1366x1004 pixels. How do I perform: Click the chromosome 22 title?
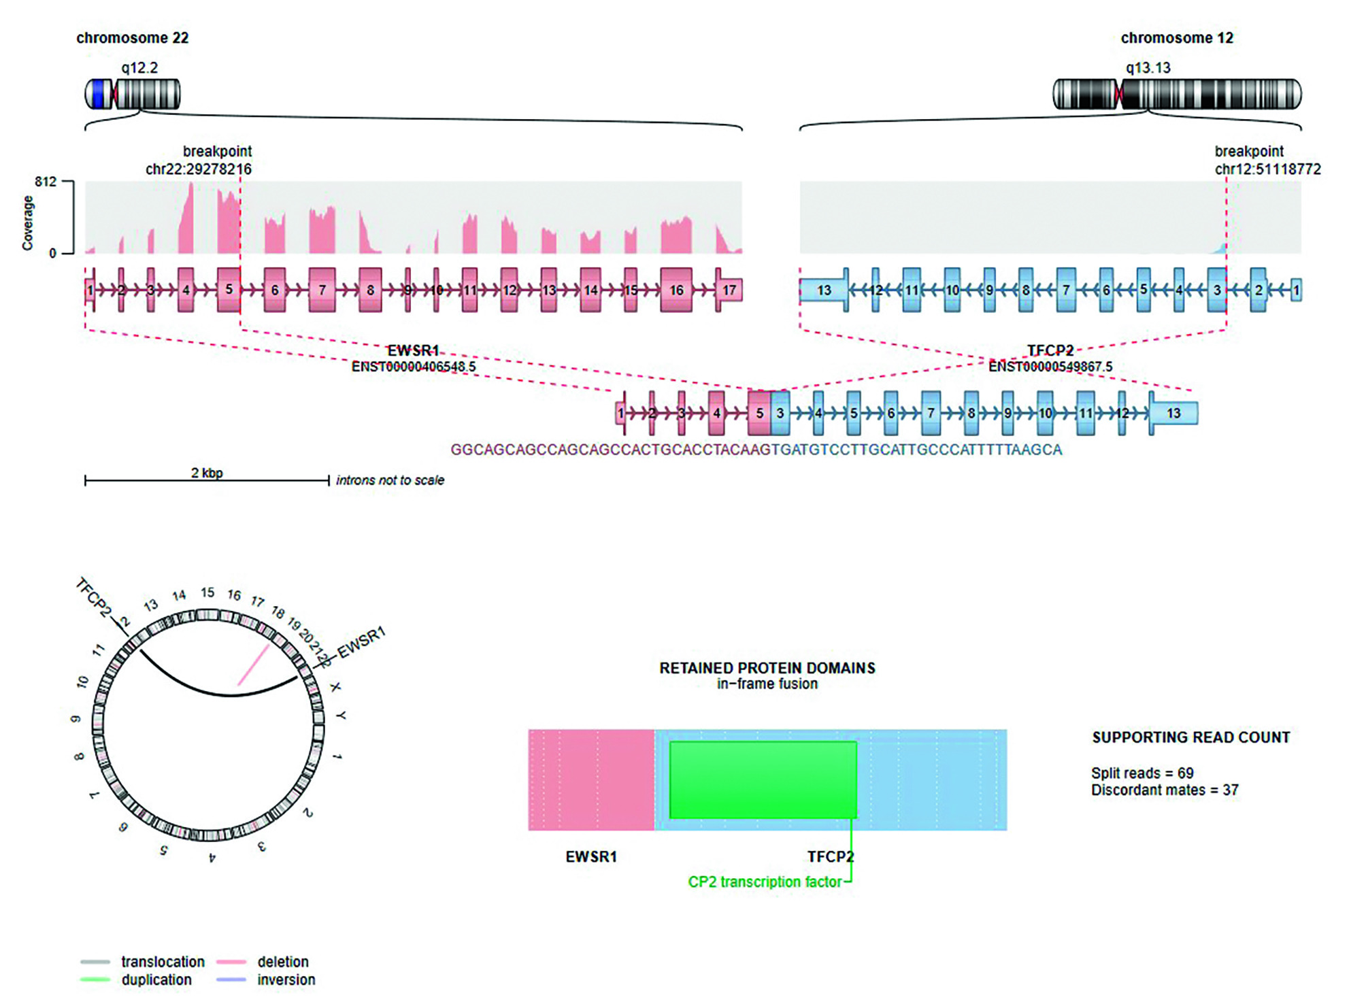132,38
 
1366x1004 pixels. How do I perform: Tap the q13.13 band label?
1148,68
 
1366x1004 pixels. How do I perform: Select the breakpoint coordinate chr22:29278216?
198,169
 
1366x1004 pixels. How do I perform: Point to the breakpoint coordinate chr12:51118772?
1267,169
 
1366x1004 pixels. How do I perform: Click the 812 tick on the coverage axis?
46,182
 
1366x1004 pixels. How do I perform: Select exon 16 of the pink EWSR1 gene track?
676,290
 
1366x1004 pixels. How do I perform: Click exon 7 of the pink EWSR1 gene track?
322,290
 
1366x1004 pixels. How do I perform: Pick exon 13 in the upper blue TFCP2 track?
824,290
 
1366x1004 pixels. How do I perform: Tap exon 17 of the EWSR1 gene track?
729,290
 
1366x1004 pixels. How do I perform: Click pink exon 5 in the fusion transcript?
759,414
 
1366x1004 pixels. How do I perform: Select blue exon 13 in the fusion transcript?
1173,414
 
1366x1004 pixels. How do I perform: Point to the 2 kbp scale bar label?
207,473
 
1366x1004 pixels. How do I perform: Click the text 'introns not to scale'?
390,480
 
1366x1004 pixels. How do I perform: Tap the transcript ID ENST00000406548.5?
413,367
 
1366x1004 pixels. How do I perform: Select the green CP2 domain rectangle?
763,780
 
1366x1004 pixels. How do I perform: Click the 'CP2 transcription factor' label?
765,882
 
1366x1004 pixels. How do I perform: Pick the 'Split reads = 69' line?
1142,773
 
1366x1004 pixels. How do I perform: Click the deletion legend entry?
282,962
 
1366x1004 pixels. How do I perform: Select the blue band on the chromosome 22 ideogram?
101,94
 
